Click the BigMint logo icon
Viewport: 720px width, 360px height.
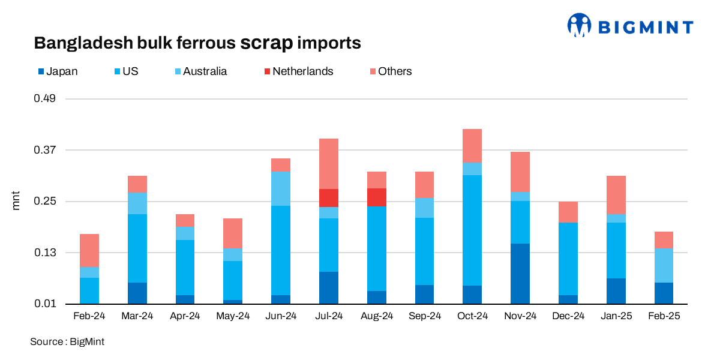[x=579, y=26]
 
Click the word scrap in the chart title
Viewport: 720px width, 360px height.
[x=267, y=43]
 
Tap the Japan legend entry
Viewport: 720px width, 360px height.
[x=58, y=71]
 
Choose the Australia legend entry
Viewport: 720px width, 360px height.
[x=200, y=71]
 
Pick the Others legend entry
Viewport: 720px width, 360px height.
[x=390, y=71]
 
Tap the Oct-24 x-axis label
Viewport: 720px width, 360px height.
[x=472, y=316]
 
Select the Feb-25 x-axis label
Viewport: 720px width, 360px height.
[x=664, y=316]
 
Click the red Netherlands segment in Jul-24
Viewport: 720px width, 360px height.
[x=329, y=198]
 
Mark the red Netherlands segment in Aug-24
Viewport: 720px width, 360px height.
[x=376, y=197]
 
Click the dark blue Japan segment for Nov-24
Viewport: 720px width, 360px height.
[x=520, y=274]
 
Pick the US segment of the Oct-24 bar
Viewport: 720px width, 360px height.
[x=472, y=230]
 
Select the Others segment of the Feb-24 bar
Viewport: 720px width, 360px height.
[x=89, y=251]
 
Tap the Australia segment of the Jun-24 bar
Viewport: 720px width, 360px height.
[x=281, y=188]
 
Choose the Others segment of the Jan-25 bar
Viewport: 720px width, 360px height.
[x=616, y=195]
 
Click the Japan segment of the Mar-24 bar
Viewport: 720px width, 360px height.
[x=137, y=293]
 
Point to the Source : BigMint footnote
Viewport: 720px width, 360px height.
[x=67, y=342]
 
